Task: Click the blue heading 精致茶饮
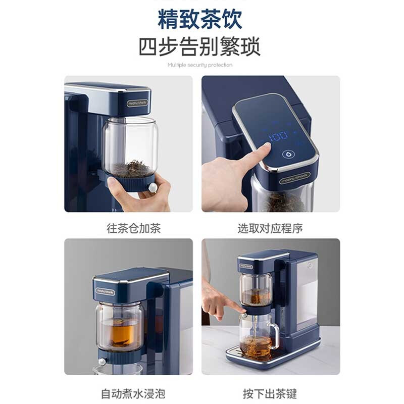click(x=200, y=19)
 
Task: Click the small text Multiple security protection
click(x=200, y=65)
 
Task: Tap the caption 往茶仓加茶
click(x=133, y=228)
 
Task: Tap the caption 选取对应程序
click(x=270, y=228)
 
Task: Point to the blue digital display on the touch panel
click(x=279, y=136)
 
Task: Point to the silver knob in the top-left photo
click(x=151, y=188)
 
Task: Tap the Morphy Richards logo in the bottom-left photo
click(x=105, y=292)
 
